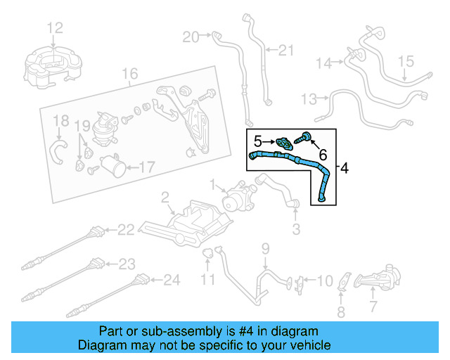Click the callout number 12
[x=55, y=28]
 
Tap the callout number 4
[x=344, y=168]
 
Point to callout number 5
[x=258, y=141]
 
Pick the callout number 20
[x=191, y=37]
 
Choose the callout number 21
[x=285, y=50]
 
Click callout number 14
[x=323, y=64]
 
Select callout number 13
[x=309, y=97]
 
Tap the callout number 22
[x=125, y=229]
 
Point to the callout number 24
[x=172, y=280]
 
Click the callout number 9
[x=265, y=247]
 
